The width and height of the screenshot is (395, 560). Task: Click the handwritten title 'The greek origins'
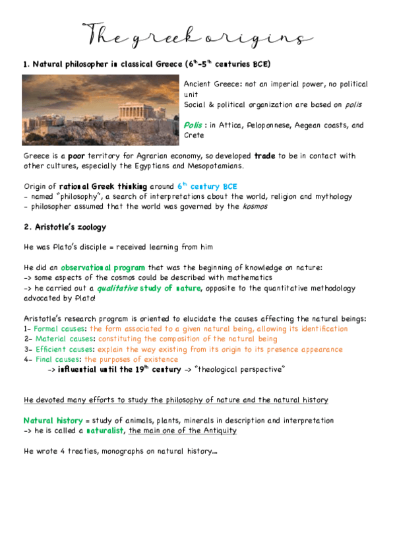coord(195,34)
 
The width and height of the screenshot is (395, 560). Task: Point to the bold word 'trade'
coord(264,156)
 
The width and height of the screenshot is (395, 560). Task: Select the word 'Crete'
coord(195,135)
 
